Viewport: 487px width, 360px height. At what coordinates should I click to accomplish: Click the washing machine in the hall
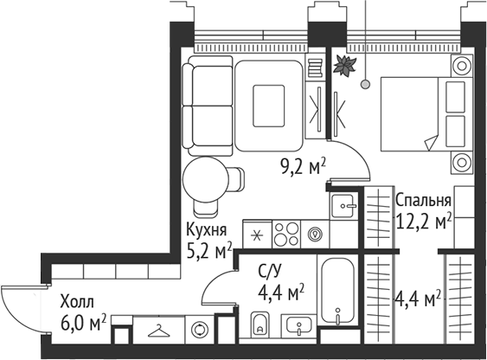(201, 330)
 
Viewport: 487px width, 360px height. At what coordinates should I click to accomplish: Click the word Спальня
(423, 201)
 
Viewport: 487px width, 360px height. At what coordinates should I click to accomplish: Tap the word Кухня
(207, 230)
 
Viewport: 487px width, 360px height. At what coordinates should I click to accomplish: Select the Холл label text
(78, 303)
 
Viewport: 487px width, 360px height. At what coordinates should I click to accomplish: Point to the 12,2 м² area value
(423, 222)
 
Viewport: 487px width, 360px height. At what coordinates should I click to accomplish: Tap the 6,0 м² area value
(84, 323)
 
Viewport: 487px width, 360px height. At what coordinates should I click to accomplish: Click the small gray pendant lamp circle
(366, 85)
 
